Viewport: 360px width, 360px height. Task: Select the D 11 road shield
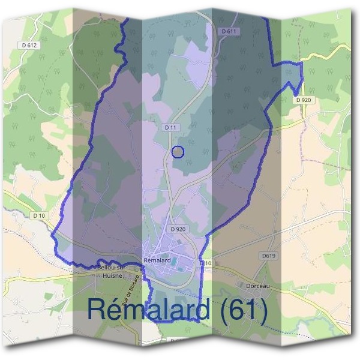pos(170,128)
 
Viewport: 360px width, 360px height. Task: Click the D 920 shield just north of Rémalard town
pos(177,229)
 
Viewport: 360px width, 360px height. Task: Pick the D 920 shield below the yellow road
pos(303,99)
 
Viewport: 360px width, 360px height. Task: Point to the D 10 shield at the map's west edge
pos(40,215)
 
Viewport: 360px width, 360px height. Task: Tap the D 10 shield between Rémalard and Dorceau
pos(206,263)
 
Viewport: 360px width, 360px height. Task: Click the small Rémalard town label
pos(158,260)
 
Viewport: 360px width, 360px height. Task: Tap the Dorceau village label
pos(259,286)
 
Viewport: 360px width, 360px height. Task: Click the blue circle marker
pos(178,152)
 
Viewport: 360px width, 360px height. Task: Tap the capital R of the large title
pos(98,310)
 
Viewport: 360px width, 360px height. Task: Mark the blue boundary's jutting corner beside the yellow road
pos(301,62)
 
